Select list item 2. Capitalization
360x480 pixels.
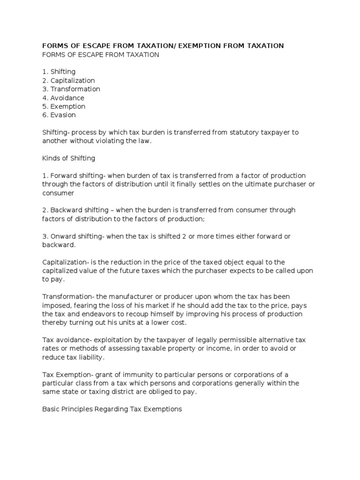tap(68, 81)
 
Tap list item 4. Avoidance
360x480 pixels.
tap(63, 98)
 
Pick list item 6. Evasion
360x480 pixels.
tap(59, 115)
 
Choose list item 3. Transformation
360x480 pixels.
tap(71, 89)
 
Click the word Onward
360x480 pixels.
tap(63, 236)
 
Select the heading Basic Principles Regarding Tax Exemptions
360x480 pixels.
tap(112, 409)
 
